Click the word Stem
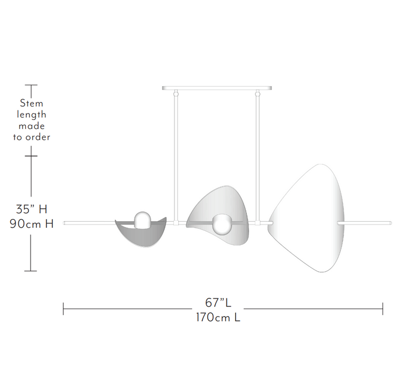pyautogui.click(x=32, y=103)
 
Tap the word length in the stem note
pyautogui.click(x=32, y=115)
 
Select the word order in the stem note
pyautogui.click(x=38, y=137)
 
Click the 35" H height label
pyautogui.click(x=32, y=209)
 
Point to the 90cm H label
pyautogui.click(x=32, y=223)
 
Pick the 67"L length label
pyautogui.click(x=218, y=303)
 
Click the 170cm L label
pyautogui.click(x=218, y=317)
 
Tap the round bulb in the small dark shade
pyautogui.click(x=143, y=220)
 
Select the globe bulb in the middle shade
pyautogui.click(x=221, y=224)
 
